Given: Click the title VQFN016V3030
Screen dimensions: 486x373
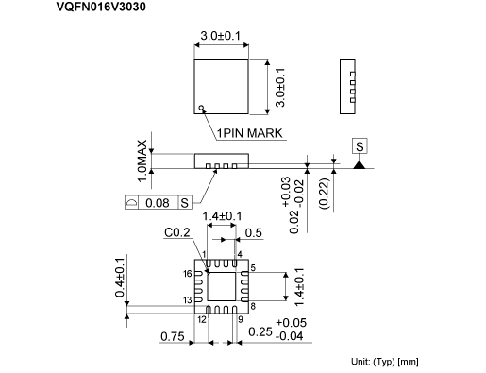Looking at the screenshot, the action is click(x=101, y=7).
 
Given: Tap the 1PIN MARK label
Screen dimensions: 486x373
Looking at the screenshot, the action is click(x=250, y=133).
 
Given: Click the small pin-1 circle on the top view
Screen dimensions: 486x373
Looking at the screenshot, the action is click(x=201, y=108).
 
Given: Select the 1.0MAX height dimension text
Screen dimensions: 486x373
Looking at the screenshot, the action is click(x=142, y=161).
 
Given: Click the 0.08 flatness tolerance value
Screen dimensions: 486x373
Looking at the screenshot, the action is click(x=158, y=203).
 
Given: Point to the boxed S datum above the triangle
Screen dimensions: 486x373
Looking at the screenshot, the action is click(x=360, y=146).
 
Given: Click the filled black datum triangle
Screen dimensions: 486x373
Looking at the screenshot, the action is click(x=360, y=164).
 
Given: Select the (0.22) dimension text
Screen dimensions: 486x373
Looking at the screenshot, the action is click(x=324, y=194).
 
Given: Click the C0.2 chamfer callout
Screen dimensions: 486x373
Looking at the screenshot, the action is click(x=177, y=232).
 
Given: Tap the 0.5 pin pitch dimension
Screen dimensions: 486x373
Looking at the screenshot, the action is click(x=253, y=233).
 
